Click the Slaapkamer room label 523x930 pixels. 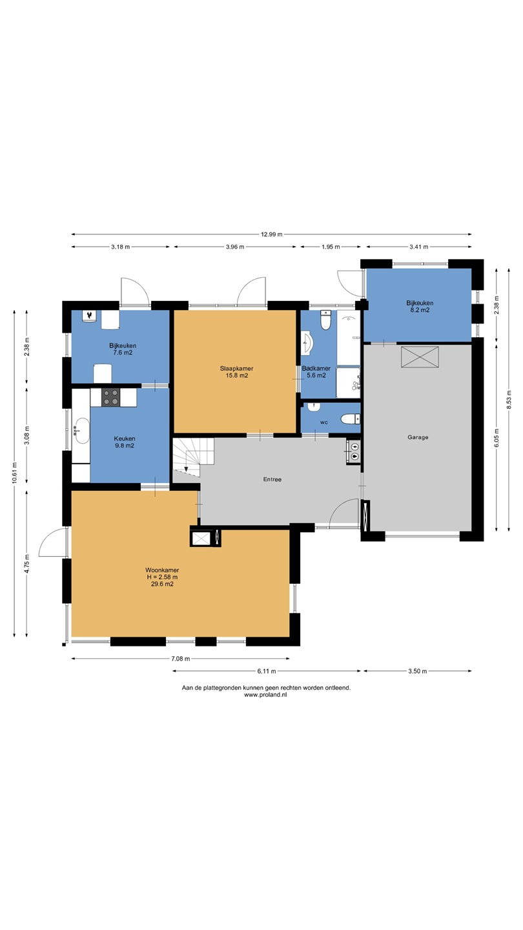pyautogui.click(x=236, y=368)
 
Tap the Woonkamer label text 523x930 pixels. pyautogui.click(x=162, y=570)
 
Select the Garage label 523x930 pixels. pyautogui.click(x=418, y=437)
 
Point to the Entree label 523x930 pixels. pyautogui.click(x=272, y=479)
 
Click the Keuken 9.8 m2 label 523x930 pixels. pyautogui.click(x=125, y=442)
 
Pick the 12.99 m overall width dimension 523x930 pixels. pyautogui.click(x=271, y=234)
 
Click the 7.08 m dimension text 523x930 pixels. pyautogui.click(x=181, y=659)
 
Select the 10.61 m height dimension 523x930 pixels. pyautogui.click(x=14, y=473)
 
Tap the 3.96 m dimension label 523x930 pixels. pyautogui.click(x=235, y=247)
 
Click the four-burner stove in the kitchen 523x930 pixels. pyautogui.click(x=111, y=397)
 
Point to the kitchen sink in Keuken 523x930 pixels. pyautogui.click(x=82, y=431)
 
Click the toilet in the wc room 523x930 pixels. pyautogui.click(x=351, y=419)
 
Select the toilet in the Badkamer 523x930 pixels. pyautogui.click(x=326, y=320)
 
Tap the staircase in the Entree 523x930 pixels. pyautogui.click(x=194, y=455)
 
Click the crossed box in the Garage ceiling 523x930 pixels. pyautogui.click(x=420, y=356)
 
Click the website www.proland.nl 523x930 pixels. pyautogui.click(x=265, y=695)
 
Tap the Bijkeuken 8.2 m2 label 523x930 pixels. pyautogui.click(x=420, y=306)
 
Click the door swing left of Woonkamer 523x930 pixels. pyautogui.click(x=52, y=542)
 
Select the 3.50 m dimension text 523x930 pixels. pyautogui.click(x=418, y=671)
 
